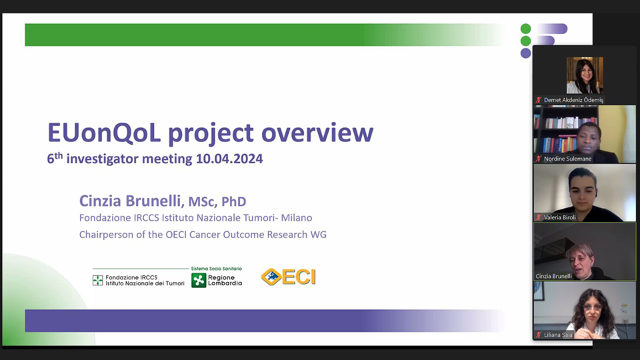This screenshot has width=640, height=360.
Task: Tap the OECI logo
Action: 288,277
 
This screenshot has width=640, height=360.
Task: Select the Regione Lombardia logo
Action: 217,280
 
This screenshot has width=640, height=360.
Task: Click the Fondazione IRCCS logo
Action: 138,280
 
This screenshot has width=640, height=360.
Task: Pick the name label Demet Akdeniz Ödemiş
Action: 573,100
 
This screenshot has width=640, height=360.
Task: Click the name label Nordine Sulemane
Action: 567,159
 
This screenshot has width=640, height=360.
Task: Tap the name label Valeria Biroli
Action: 561,217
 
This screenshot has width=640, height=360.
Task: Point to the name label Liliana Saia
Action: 561,334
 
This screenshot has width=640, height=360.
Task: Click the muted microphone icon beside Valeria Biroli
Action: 539,217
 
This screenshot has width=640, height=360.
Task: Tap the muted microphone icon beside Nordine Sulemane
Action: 539,159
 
